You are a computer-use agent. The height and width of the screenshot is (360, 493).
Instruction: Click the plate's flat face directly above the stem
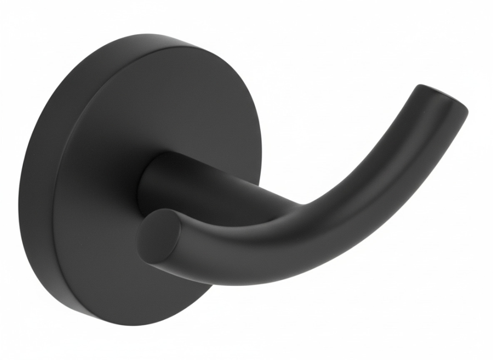click(x=164, y=110)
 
